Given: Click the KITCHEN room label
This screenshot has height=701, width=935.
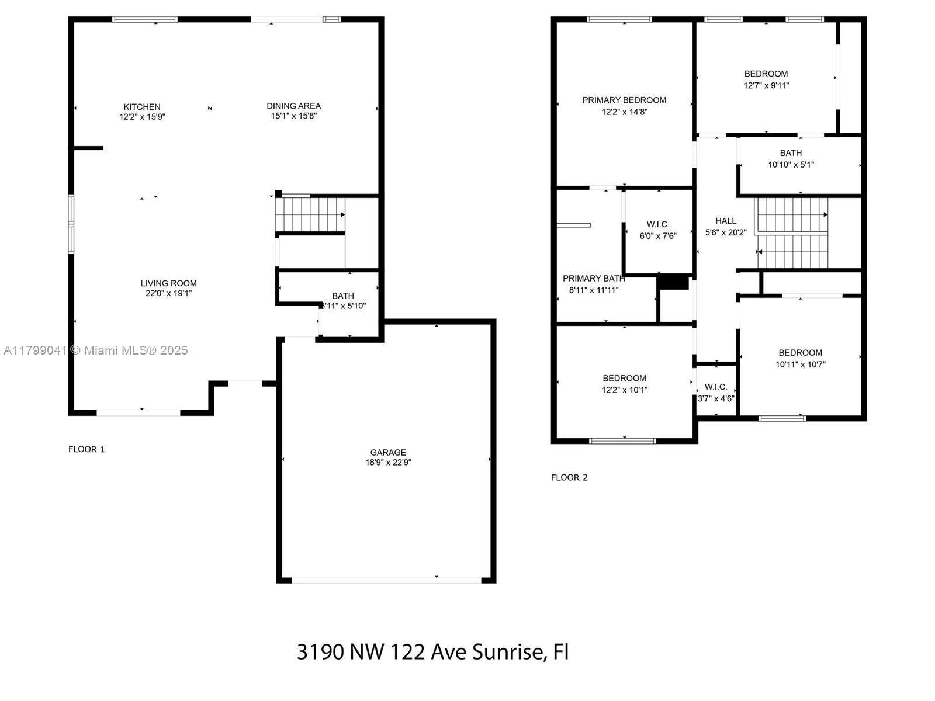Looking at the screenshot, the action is click(142, 107).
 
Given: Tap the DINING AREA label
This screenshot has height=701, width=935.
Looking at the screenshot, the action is click(293, 106).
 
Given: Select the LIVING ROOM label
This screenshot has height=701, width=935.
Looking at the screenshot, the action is click(169, 283).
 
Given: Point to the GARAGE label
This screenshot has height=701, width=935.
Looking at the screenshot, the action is click(388, 452).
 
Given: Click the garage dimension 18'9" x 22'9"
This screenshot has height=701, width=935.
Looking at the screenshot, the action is click(388, 462).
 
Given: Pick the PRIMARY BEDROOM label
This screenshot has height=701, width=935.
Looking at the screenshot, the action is click(624, 100).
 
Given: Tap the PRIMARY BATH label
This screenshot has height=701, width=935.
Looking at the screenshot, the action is click(594, 279).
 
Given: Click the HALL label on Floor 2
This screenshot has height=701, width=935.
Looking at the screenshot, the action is click(726, 221).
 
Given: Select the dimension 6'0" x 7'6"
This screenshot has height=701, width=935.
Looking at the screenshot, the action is click(657, 236).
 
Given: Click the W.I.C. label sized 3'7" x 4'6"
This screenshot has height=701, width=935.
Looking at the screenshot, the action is click(716, 387).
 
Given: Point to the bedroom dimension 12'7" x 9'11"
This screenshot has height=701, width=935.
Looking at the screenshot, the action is click(766, 85).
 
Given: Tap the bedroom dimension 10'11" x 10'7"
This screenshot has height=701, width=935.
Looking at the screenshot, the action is click(801, 365).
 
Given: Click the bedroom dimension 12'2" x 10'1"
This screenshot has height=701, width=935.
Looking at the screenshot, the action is click(625, 390).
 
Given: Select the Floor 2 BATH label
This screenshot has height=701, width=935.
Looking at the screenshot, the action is click(791, 153).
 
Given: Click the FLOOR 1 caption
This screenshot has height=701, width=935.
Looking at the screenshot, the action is click(86, 449).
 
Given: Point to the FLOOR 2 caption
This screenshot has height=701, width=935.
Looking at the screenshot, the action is click(569, 477).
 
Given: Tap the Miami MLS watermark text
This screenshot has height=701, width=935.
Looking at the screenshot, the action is click(136, 350).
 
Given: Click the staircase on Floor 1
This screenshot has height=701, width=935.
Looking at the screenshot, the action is click(310, 214).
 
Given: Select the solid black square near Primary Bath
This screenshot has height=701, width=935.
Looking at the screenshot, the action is click(673, 283).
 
